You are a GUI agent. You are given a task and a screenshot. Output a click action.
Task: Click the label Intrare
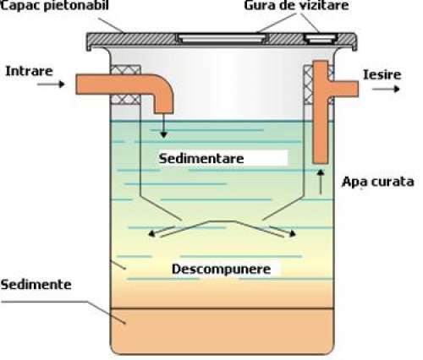[29, 71]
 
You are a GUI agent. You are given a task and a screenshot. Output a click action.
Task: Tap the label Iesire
[382, 74]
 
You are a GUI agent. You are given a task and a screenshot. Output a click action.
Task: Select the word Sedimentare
[201, 158]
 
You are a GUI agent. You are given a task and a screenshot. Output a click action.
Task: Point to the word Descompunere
[222, 270]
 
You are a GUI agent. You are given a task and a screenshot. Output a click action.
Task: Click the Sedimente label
[36, 285]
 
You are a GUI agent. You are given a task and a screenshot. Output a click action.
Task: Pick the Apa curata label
[378, 182]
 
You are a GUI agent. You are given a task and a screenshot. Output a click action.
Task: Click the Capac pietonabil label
[54, 5]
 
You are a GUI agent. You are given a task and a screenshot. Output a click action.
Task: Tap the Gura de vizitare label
[296, 5]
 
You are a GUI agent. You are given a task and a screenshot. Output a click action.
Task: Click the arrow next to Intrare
[51, 84]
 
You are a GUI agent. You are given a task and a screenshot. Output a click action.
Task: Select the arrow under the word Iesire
[386, 89]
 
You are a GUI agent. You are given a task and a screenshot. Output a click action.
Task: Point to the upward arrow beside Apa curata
[321, 182]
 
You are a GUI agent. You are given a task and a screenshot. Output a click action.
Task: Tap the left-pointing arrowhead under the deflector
[152, 233]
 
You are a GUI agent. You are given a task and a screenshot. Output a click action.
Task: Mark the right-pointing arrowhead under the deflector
[293, 233]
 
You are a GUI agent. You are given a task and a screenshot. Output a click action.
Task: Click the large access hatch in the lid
[221, 38]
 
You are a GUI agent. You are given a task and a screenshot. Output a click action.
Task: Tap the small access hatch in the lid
[321, 39]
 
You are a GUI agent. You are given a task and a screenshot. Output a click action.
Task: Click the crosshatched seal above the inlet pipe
[126, 69]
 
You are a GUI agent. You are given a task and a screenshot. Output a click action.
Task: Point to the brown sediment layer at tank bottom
[222, 331]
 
